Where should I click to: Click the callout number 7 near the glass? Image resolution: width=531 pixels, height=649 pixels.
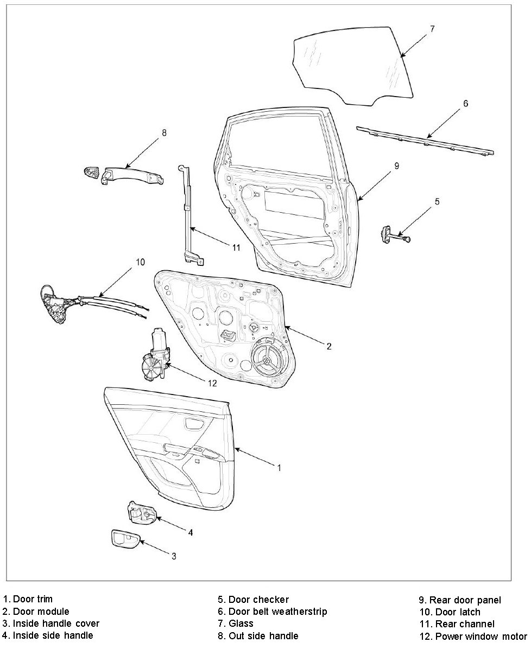point(432,29)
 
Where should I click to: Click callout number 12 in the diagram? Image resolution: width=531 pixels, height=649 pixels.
point(212,383)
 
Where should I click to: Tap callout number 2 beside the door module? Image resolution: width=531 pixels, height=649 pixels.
point(328,346)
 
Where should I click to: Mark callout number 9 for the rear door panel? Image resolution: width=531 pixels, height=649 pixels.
point(397,166)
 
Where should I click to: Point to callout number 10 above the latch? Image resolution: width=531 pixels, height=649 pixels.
point(140,262)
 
